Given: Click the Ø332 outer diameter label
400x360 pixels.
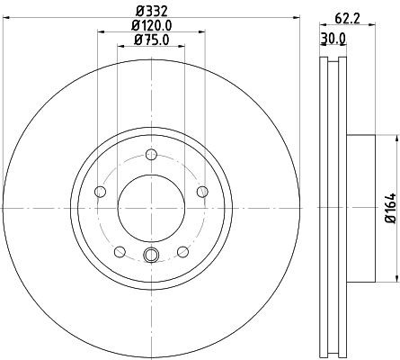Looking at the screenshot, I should [148, 10].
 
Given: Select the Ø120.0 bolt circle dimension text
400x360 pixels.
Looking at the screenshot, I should [148, 25].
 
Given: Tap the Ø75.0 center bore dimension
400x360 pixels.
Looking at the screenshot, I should [148, 40].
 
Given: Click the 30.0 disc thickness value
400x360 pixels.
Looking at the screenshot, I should [333, 38].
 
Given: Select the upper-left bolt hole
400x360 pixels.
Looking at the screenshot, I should [100, 190].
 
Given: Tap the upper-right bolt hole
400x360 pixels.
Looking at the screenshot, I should [199, 190].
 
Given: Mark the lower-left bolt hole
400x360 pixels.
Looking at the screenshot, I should [119, 249].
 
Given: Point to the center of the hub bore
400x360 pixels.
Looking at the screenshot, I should [149, 206].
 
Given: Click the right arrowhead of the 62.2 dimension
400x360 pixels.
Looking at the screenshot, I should [371, 25].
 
